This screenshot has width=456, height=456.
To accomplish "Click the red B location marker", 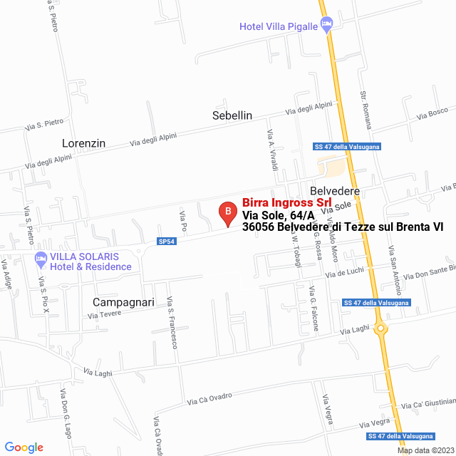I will [x=227, y=212].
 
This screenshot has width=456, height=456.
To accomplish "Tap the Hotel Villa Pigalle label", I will [x=279, y=27].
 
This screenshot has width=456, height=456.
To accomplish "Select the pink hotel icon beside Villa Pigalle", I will [x=327, y=25].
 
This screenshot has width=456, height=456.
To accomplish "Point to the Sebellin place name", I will [x=232, y=115].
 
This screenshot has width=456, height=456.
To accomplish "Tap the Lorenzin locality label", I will [x=83, y=143].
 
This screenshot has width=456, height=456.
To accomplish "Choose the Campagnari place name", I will [x=123, y=302].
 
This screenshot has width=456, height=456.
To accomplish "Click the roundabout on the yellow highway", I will [x=381, y=329].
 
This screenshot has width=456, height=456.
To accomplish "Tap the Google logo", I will [x=24, y=447].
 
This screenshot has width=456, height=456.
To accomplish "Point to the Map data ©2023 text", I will [x=424, y=450].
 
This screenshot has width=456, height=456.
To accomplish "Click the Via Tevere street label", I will [x=105, y=314].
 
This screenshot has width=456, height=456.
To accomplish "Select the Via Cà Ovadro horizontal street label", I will [x=210, y=399].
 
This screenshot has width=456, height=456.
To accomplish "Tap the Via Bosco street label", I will [x=432, y=113].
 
